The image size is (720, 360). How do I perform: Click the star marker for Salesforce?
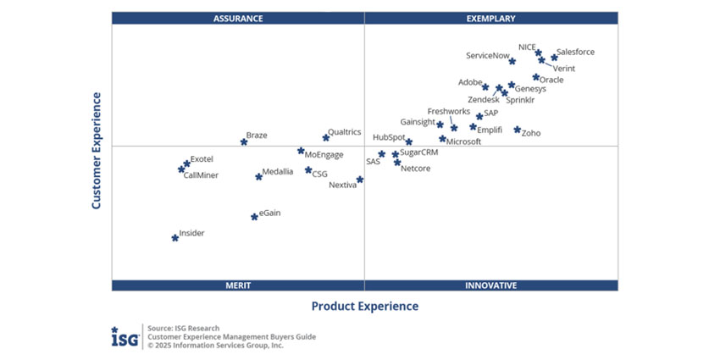[x=554, y=58]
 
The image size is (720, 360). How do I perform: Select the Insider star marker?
[x=175, y=238]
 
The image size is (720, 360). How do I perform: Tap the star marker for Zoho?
[x=518, y=130]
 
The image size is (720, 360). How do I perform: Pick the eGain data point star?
[x=254, y=217]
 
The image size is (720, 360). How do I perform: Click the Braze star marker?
[x=244, y=141]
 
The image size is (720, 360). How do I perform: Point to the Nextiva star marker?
[x=360, y=180]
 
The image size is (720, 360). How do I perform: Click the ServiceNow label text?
[x=488, y=56]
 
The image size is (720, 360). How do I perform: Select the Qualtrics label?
[x=344, y=132]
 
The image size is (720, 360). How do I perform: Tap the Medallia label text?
[x=278, y=171]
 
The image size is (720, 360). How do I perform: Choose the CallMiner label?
[x=201, y=176]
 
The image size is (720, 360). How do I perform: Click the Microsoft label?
[x=463, y=142]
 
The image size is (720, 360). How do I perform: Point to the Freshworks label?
[x=448, y=111]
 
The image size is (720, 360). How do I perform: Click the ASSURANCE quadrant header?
[x=238, y=18]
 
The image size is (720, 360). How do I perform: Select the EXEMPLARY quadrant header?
[x=490, y=18]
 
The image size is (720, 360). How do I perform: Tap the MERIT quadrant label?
[x=238, y=285]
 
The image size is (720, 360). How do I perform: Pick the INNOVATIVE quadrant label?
[x=490, y=285]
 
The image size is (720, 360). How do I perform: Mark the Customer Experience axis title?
[x=97, y=151]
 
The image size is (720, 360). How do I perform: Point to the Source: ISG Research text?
[x=183, y=328]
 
